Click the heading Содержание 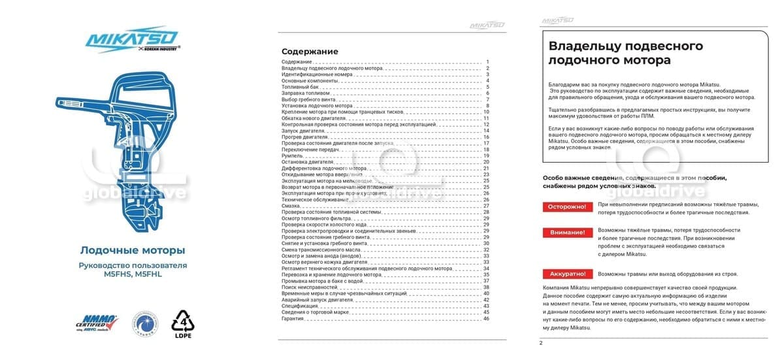(310, 52)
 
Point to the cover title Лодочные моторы (132, 250)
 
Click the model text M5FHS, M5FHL (132, 274)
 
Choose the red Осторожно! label (566, 207)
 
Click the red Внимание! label (566, 233)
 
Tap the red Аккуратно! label (566, 274)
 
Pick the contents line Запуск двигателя (304, 131)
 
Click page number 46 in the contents (486, 318)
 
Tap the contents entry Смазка (291, 206)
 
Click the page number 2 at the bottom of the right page (540, 343)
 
